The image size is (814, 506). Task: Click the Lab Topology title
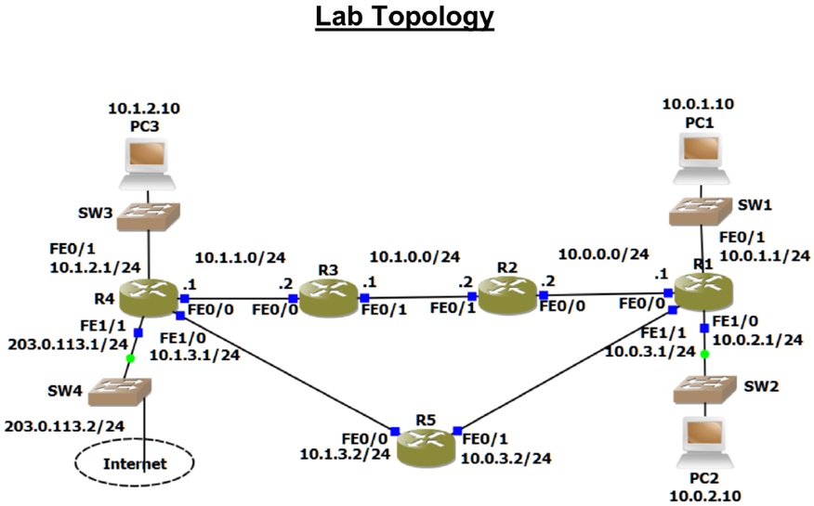pyautogui.click(x=404, y=18)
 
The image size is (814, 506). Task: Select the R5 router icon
pyautogui.click(x=426, y=447)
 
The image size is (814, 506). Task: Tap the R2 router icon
pyautogui.click(x=506, y=295)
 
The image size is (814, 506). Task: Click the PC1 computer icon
pyautogui.click(x=702, y=154)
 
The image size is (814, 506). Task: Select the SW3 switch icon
pyautogui.click(x=147, y=215)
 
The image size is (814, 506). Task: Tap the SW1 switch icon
pyautogui.click(x=702, y=208)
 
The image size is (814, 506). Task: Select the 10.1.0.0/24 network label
pyautogui.click(x=414, y=256)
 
